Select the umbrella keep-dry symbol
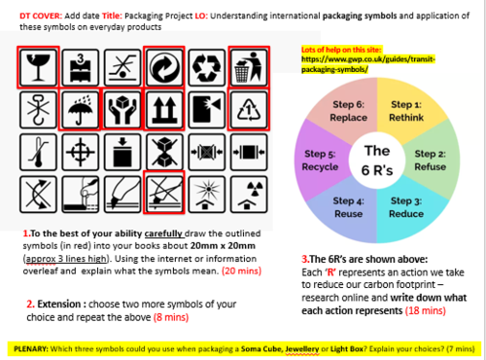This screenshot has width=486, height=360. [x=79, y=111]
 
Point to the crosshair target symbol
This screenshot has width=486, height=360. [x=79, y=154]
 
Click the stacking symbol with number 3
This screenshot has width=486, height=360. [x=79, y=68]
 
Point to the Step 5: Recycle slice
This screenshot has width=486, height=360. [x=321, y=160]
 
